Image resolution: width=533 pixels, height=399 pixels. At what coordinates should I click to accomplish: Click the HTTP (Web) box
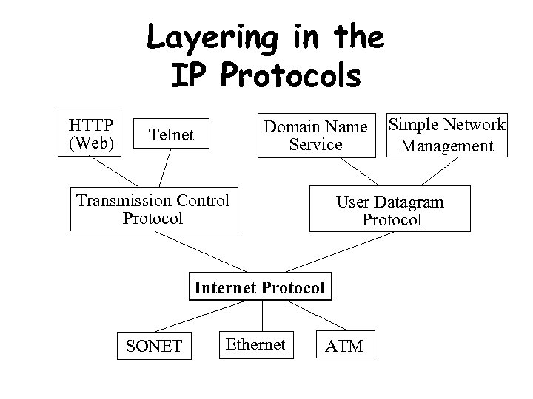[91, 134]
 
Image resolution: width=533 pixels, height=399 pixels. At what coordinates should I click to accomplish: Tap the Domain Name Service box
[316, 135]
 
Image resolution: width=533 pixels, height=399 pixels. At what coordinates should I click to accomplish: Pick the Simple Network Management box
[446, 135]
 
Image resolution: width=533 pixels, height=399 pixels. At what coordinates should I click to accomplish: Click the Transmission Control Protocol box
[153, 209]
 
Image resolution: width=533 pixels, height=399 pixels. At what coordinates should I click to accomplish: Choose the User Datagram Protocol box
[391, 211]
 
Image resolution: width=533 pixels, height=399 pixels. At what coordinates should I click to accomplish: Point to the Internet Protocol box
[259, 288]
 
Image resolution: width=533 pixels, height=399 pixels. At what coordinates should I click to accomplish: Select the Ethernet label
[255, 344]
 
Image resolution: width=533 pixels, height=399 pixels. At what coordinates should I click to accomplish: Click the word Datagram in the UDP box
[409, 202]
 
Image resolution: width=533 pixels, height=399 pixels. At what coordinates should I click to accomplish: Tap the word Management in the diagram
[446, 146]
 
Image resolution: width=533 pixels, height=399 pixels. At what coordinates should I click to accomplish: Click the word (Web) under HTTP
[91, 143]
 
